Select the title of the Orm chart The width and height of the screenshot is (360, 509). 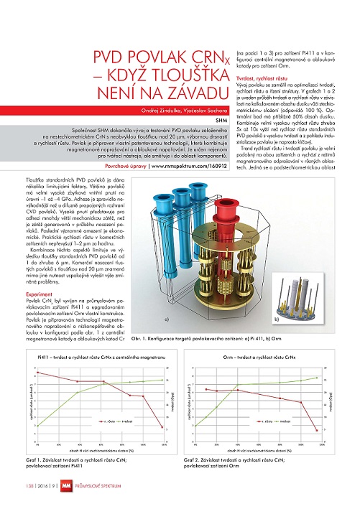(x=259, y=356)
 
